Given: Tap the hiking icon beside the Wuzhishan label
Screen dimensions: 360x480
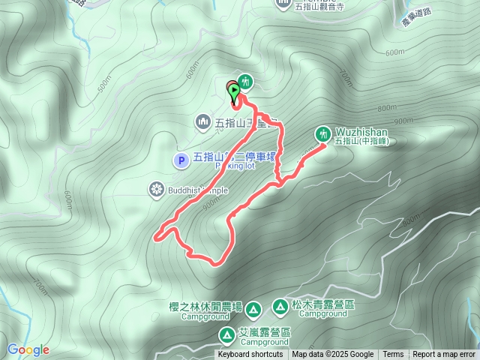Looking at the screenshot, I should coord(323,133).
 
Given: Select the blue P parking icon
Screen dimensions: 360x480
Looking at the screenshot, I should coord(180,160).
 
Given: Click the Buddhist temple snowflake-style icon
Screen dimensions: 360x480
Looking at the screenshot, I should coord(156,190).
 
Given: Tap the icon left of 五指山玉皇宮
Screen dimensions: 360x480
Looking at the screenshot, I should coord(202,121).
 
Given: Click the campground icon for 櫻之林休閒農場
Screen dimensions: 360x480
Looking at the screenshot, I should coord(253,308).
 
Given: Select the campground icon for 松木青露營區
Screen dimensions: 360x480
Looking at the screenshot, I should coord(280,306).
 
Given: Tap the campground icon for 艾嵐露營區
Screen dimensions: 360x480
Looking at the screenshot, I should coord(226,334).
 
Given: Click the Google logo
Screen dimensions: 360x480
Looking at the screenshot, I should coord(28,349).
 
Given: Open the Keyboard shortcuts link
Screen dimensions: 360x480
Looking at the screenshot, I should coord(250,355).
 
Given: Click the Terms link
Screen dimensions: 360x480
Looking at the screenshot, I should coord(393,355).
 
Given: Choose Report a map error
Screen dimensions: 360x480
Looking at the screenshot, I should coord(444,355).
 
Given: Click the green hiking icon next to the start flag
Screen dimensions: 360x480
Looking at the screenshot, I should coord(245,82).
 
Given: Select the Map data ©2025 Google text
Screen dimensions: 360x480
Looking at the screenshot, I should coord(332,355).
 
